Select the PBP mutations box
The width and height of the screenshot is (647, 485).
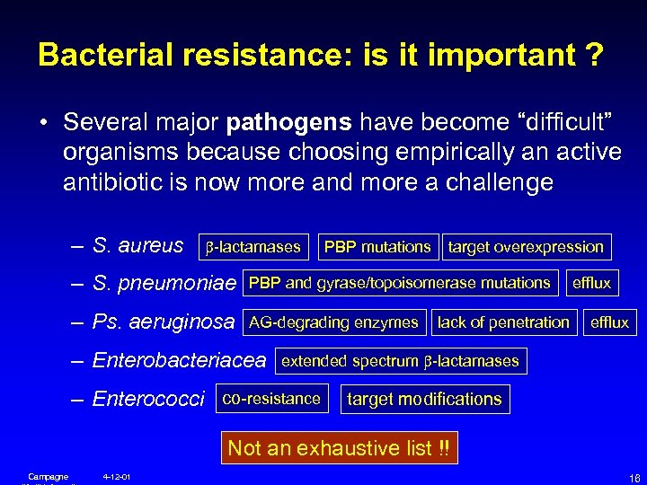point(377,246)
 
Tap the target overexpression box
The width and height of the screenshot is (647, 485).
point(526,246)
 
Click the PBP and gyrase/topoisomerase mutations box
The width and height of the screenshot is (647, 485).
point(400,283)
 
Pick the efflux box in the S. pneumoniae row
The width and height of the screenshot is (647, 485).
point(591,283)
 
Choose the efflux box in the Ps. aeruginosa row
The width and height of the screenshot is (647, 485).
point(609,322)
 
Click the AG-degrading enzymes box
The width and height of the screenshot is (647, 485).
point(333,322)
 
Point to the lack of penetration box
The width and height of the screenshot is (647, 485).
point(503,322)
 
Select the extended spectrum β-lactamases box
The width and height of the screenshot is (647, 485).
point(401,361)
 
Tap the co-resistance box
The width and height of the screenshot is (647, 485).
point(271,399)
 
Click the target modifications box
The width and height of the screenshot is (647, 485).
point(424,399)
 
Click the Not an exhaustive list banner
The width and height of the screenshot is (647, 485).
point(339,447)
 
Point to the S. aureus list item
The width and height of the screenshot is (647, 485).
point(137,245)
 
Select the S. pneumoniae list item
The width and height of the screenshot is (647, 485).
point(164,284)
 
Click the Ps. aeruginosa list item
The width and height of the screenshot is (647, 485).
point(164,322)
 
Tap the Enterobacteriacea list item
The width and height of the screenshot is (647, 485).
point(179,361)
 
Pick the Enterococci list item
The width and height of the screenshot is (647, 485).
point(148,399)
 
